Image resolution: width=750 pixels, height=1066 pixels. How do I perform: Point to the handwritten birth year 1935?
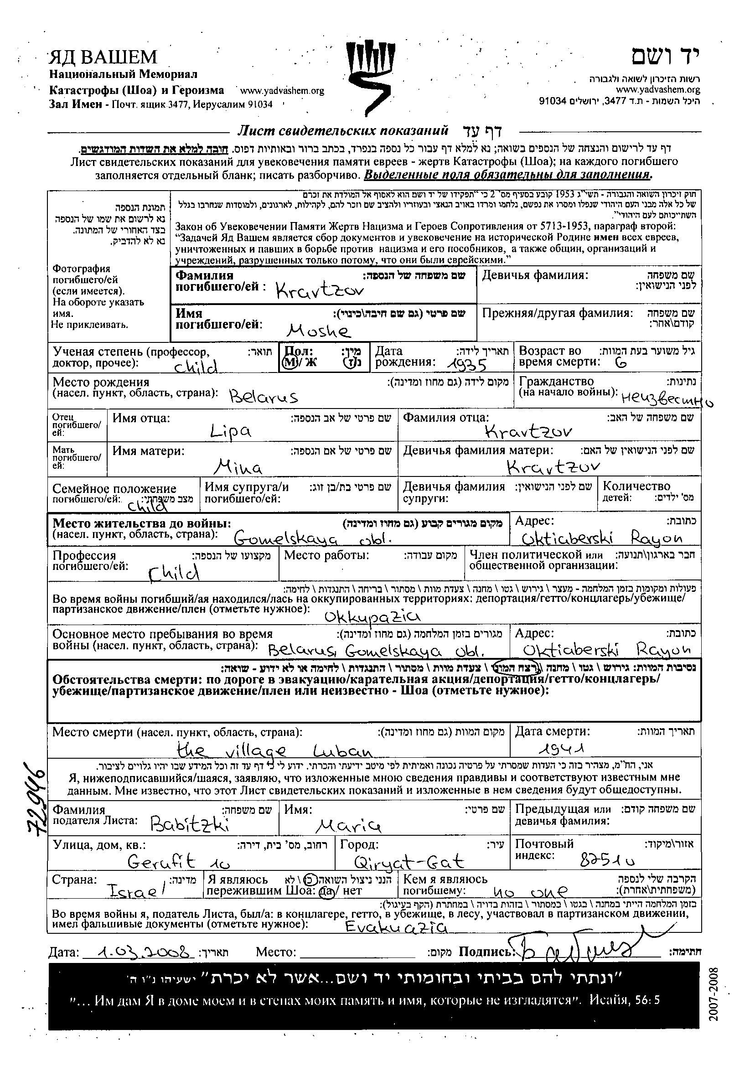coord(466,366)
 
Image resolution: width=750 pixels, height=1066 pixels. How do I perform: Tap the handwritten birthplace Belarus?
coord(264,397)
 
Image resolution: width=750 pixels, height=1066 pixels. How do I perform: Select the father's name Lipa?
coord(230,432)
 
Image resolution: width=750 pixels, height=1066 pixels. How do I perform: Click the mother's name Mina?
coord(240,466)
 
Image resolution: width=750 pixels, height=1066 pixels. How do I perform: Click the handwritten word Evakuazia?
coord(396,927)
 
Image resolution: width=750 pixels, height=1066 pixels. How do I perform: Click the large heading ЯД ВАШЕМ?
coord(103,57)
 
